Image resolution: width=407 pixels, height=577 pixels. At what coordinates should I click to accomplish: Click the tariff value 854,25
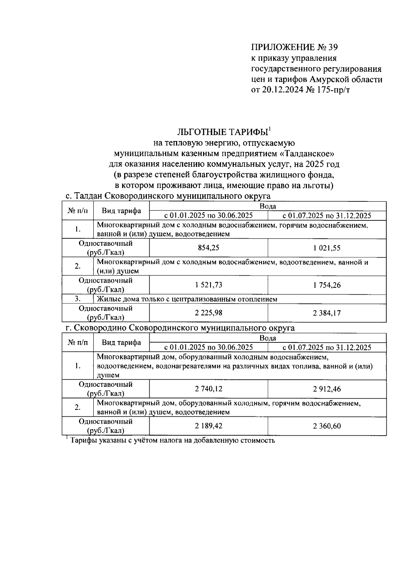[x=208, y=248]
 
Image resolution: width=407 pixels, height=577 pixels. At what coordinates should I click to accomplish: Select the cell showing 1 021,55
[x=327, y=248]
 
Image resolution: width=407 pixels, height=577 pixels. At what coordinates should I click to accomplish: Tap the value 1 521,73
[x=208, y=285]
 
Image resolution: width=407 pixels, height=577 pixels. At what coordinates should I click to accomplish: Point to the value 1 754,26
[x=327, y=285]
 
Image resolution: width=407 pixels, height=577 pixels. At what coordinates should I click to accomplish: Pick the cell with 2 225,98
[x=208, y=313]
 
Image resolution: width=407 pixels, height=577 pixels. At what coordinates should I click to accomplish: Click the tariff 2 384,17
[x=327, y=313]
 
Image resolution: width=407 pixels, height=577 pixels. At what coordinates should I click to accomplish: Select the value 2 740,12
[x=208, y=389]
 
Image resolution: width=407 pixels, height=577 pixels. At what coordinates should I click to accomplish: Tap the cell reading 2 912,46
[x=327, y=389]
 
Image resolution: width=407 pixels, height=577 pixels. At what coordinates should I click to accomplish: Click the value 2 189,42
[x=208, y=426]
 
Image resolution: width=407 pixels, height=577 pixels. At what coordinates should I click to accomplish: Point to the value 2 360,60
[x=327, y=426]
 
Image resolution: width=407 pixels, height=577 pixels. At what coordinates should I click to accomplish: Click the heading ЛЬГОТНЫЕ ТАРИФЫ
[x=222, y=132]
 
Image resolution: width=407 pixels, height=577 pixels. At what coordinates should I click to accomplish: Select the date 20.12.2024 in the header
[x=283, y=91]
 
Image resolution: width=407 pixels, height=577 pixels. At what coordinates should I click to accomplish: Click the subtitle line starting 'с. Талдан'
[x=168, y=196]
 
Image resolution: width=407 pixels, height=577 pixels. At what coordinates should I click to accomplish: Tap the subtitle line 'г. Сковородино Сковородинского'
[x=180, y=328]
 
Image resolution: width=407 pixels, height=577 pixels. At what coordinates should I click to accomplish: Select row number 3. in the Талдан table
[x=78, y=299]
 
